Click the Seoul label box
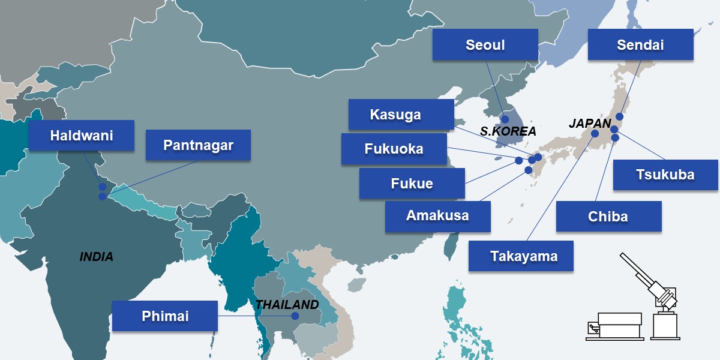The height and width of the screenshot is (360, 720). (485, 45)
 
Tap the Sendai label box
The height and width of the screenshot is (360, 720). (640, 45)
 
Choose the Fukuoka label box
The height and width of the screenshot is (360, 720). (394, 149)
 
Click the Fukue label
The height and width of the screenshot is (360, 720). (412, 184)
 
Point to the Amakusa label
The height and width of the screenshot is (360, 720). (437, 216)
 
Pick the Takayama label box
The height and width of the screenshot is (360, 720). (521, 256)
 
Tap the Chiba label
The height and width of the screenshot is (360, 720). (608, 217)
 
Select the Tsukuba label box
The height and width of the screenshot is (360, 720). (665, 175)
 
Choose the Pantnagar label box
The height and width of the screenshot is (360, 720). (198, 145)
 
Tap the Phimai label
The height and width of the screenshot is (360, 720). (164, 316)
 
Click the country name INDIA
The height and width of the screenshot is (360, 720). (96, 257)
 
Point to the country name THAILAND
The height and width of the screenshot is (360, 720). (287, 304)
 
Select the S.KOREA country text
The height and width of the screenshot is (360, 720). (508, 131)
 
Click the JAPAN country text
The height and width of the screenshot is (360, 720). (589, 124)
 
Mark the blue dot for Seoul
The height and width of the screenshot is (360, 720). (505, 119)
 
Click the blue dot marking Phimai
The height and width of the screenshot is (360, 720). (295, 316)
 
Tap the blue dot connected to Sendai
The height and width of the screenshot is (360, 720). (619, 116)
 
